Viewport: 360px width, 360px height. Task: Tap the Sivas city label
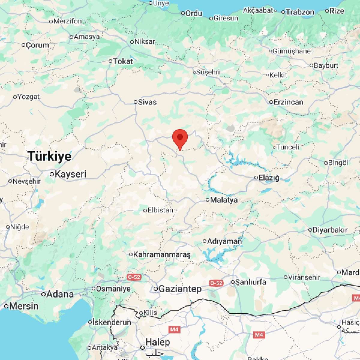(147, 102)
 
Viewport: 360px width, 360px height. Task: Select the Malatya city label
(224, 200)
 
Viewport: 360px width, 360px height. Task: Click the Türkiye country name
(49, 156)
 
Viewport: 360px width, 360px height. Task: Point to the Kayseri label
(70, 174)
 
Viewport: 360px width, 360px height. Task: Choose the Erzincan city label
(288, 102)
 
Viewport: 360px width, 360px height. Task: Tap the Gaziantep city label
(180, 289)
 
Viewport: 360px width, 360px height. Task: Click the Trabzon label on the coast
(300, 12)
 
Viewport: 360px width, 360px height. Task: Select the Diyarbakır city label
(330, 230)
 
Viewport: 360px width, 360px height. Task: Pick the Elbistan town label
(160, 210)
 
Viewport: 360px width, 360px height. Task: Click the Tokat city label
(123, 61)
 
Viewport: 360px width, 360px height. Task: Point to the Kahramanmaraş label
(162, 255)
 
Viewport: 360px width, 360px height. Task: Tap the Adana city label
(60, 294)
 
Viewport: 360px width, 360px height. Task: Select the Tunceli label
(288, 147)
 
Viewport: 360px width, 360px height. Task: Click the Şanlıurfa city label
(250, 282)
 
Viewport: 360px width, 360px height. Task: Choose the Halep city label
(157, 342)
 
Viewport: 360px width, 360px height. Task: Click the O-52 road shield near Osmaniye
(134, 277)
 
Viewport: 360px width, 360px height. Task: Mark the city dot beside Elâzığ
(256, 178)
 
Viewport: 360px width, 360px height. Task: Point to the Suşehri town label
(208, 72)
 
